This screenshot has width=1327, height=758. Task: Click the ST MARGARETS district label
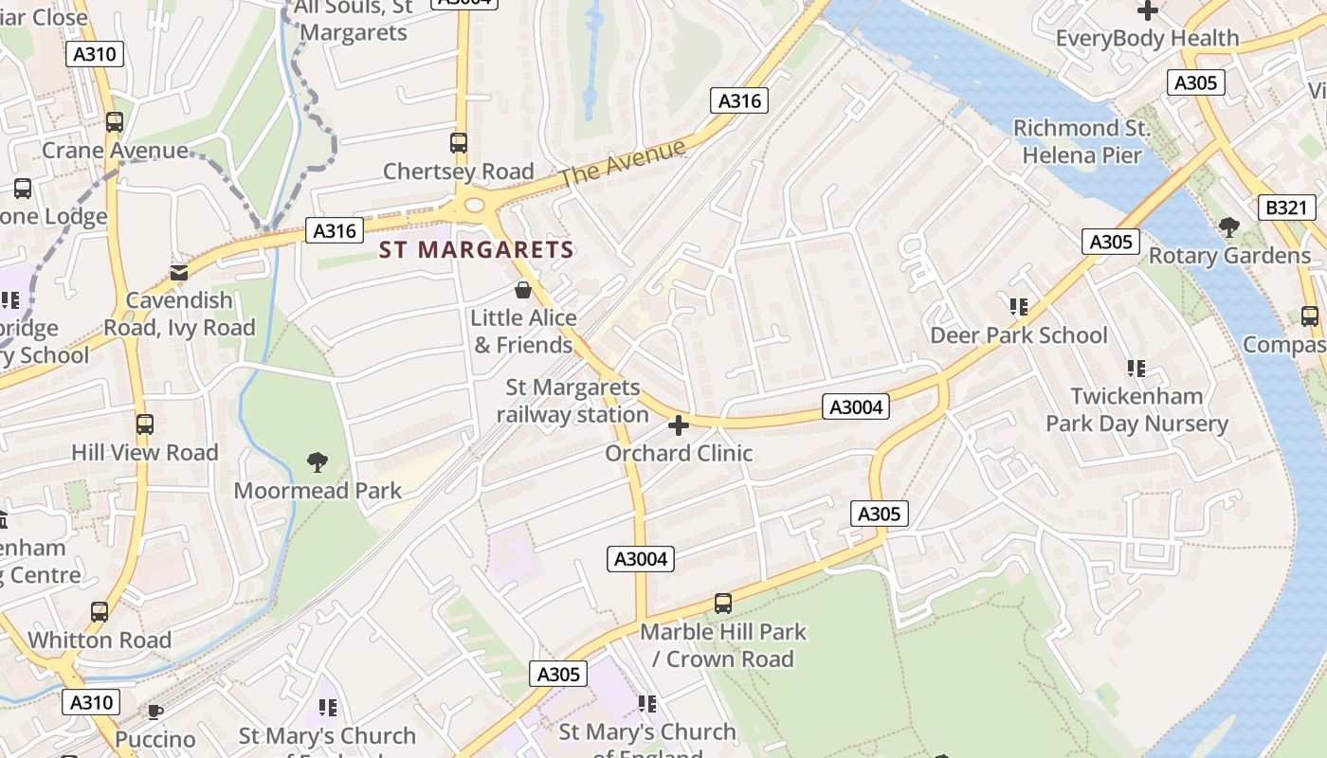point(477,250)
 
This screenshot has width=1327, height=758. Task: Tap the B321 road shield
point(1285,208)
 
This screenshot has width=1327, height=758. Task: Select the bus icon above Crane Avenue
point(115,122)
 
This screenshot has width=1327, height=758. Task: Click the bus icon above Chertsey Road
point(459,143)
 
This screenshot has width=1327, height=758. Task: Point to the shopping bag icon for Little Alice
point(522,289)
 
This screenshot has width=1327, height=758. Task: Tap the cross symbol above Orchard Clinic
point(679,424)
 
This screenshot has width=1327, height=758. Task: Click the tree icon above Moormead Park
point(318,462)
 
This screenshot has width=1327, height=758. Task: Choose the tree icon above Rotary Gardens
point(1229,227)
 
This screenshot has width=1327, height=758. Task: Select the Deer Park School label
point(1018,335)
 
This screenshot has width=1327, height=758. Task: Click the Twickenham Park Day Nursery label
point(1136,409)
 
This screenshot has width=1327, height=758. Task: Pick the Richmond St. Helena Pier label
point(1082,141)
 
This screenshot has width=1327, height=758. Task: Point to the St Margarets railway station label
point(573,401)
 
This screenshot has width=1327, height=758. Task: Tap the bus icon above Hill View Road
point(145,424)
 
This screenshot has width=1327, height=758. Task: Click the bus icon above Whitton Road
point(100,612)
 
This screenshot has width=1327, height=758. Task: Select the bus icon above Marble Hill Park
point(723,604)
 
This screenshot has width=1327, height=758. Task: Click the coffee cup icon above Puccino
point(155,711)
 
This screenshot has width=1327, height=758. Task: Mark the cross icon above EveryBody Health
point(1148,10)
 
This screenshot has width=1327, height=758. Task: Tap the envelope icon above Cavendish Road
point(179,273)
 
